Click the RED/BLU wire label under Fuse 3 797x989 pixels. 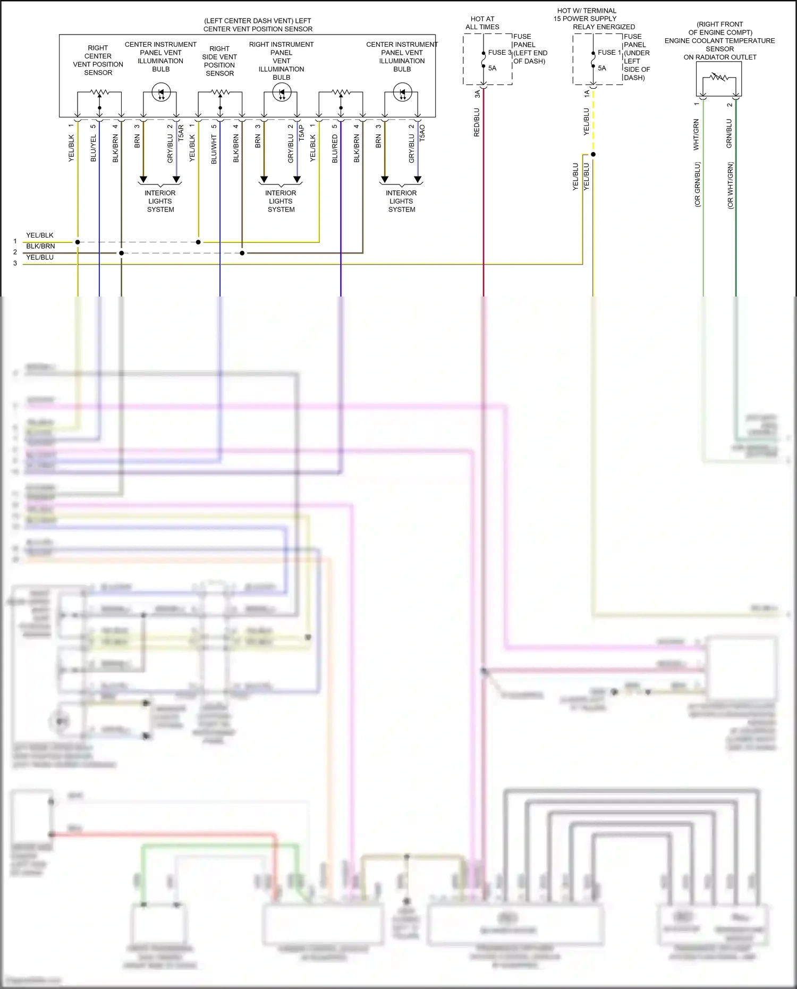pos(477,123)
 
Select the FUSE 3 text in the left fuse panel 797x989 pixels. pos(499,53)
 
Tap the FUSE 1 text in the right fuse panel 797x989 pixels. pos(609,53)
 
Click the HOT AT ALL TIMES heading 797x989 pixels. pos(482,23)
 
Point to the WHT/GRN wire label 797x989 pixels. pos(696,134)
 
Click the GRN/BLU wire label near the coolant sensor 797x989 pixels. pos(729,133)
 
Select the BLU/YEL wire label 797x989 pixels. pos(94,148)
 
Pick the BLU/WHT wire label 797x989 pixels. pos(214,149)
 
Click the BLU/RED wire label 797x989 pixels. pos(335,149)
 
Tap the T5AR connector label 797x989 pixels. pos(181,133)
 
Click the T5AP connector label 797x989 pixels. pos(301,133)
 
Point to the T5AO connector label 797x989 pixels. pos(422,133)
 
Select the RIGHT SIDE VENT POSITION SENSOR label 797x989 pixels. pos(219,61)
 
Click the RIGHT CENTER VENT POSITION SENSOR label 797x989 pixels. pos(98,60)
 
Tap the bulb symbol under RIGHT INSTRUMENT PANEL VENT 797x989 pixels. pos(282,93)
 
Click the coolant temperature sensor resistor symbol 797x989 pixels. pos(719,78)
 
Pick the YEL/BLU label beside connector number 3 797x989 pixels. pos(40,257)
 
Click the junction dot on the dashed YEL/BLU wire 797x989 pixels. pos(593,155)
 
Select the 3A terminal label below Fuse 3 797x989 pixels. pos(477,94)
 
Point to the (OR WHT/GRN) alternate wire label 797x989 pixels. pos(731,185)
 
